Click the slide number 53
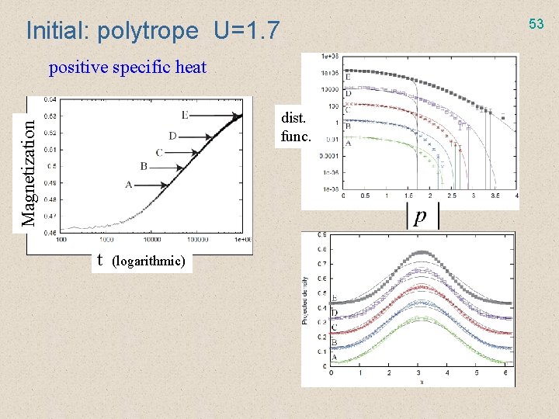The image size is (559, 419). (536, 24)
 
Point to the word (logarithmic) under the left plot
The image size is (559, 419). (148, 261)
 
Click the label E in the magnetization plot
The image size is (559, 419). (184, 116)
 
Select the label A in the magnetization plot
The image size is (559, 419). (128, 185)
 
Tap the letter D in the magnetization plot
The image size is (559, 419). (172, 137)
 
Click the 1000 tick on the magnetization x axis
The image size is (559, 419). (106, 239)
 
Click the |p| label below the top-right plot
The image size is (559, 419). (419, 216)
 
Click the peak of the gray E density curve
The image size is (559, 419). (422, 253)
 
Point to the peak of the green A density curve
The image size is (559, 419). (422, 339)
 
